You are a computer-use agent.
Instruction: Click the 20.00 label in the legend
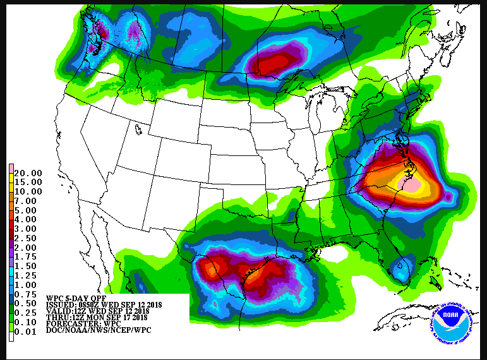pos(28,173)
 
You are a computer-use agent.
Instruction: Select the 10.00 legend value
pos(28,191)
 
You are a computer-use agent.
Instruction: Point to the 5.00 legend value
pos(28,210)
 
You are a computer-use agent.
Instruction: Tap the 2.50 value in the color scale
pos(28,238)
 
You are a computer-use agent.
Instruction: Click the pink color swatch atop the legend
pos(11,172)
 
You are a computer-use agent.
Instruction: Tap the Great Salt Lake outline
pos(138,129)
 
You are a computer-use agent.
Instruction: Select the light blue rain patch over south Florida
pos(399,271)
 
